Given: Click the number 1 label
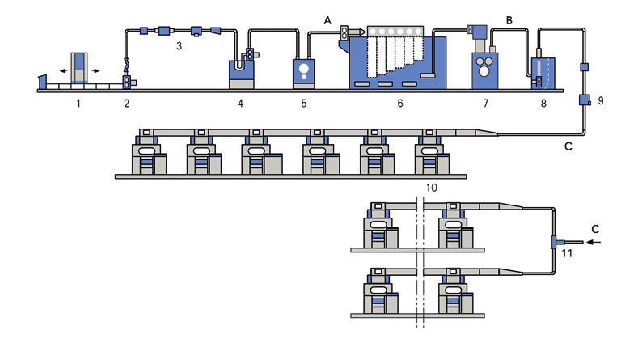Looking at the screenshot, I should tap(78, 104).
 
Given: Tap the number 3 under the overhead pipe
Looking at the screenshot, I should tap(180, 48).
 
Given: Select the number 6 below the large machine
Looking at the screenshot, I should tap(399, 104).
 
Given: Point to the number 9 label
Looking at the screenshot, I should tap(600, 100).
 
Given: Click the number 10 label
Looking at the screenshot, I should tap(431, 187).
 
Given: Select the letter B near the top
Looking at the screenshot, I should tap(509, 19).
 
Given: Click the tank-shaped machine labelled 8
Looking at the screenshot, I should tap(542, 72).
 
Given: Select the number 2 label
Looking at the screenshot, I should tap(126, 104).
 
